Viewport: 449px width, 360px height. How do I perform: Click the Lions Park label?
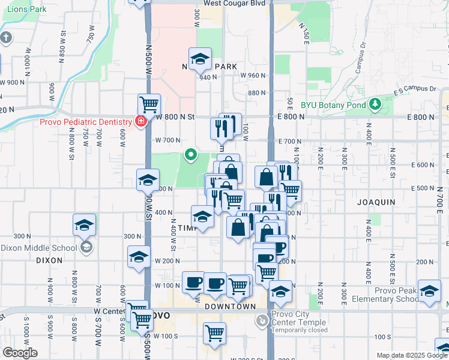click(x=23, y=10)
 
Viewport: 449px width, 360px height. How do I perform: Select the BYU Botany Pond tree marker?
click(x=375, y=104)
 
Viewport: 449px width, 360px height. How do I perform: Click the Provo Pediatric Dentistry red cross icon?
click(x=140, y=122)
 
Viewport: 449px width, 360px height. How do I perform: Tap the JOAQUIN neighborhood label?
click(x=376, y=202)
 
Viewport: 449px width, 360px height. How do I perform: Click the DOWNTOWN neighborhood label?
click(x=231, y=307)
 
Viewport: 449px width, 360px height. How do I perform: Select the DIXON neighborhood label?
click(x=49, y=260)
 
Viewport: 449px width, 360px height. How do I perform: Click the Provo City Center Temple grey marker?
click(x=262, y=321)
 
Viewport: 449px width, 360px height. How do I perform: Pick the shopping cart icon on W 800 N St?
click(x=149, y=104)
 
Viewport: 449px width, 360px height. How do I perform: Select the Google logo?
click(x=19, y=353)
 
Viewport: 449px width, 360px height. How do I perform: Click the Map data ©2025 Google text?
click(x=411, y=355)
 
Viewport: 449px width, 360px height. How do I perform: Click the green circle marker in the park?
click(x=191, y=156)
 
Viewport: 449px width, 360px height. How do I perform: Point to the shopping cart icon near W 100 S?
click(x=214, y=332)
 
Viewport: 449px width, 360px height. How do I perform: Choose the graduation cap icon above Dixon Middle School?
click(x=85, y=225)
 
